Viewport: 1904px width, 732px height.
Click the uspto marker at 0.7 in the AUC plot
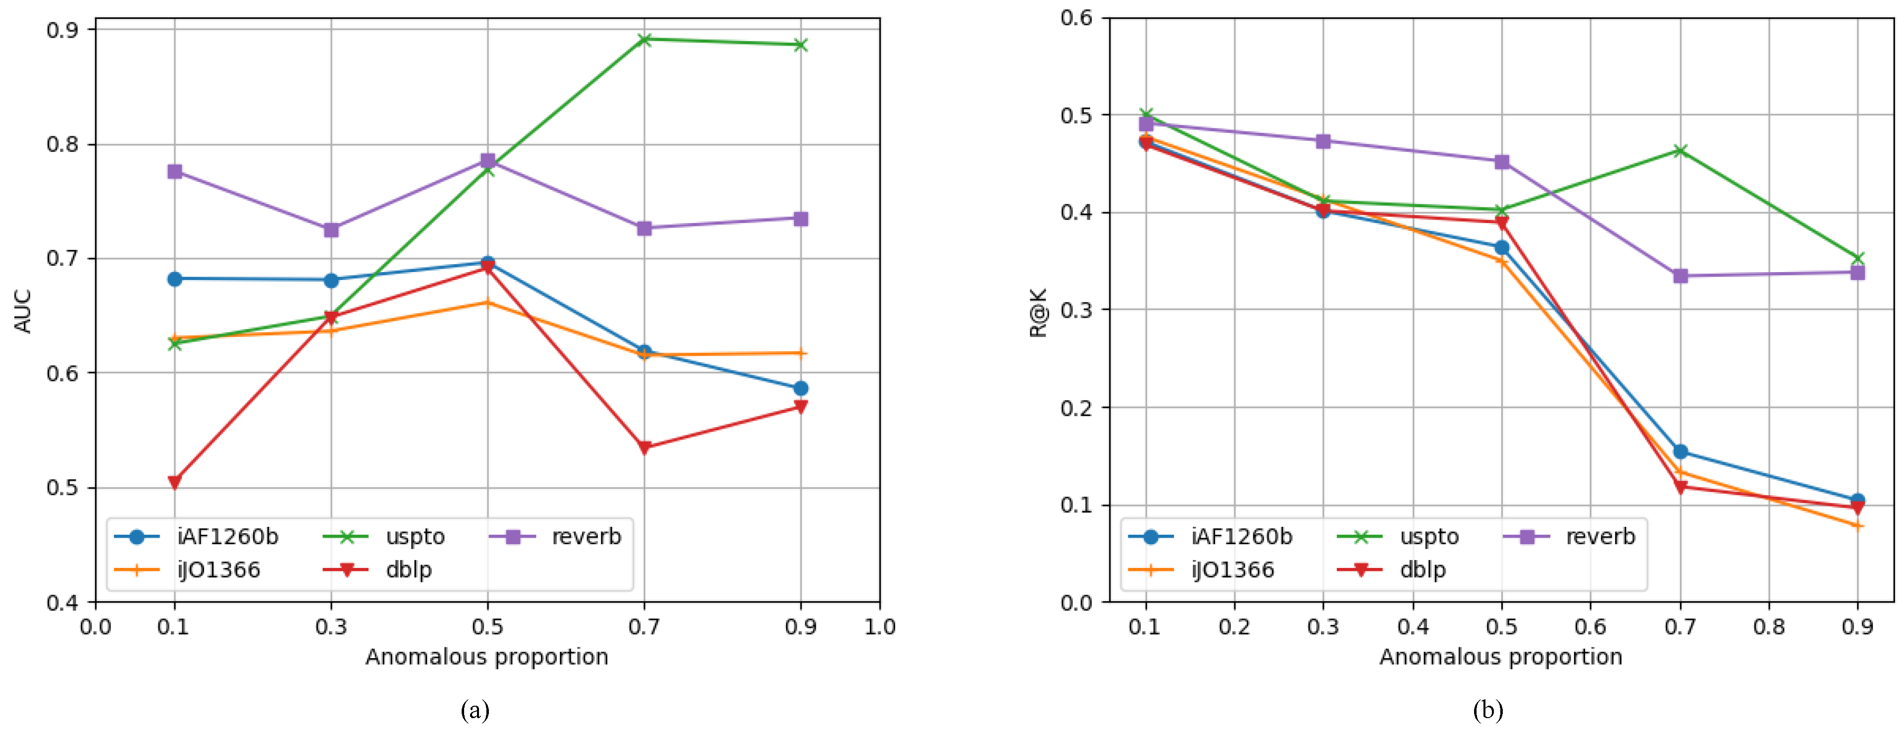point(644,39)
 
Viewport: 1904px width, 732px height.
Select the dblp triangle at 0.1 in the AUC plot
point(174,482)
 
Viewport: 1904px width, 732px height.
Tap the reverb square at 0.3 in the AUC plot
point(331,230)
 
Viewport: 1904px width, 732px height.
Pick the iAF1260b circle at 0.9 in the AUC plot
point(800,388)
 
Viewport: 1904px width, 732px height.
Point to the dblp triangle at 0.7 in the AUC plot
point(644,448)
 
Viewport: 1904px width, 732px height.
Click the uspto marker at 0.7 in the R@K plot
point(1680,151)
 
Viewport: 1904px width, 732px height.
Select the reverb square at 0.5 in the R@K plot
point(1502,161)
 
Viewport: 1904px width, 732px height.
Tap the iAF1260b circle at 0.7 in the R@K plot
point(1680,451)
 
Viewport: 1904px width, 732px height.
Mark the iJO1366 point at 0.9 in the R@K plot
point(1857,526)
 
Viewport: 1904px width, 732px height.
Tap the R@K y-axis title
point(1039,312)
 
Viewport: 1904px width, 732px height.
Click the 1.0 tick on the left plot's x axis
point(880,627)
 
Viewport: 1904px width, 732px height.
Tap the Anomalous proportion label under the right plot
point(1500,657)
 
